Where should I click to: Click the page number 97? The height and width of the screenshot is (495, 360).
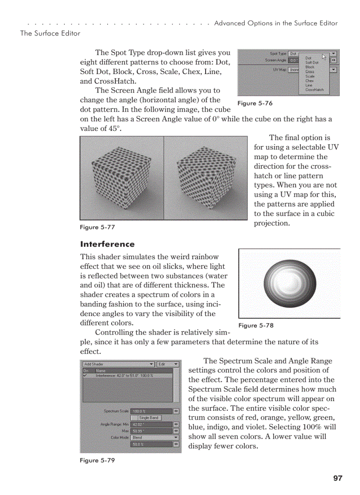tap(338, 478)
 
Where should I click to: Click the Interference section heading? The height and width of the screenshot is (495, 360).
tap(107, 244)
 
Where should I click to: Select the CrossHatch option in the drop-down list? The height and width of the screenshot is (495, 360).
tap(314, 89)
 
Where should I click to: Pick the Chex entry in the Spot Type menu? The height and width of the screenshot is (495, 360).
tap(309, 81)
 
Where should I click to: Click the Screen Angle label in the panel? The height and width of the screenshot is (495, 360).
tap(275, 60)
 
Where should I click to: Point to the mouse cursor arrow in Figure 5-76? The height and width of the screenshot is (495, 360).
tap(324, 56)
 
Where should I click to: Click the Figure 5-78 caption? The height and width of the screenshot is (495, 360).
tap(255, 325)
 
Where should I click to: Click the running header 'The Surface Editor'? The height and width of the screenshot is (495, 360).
tap(50, 33)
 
